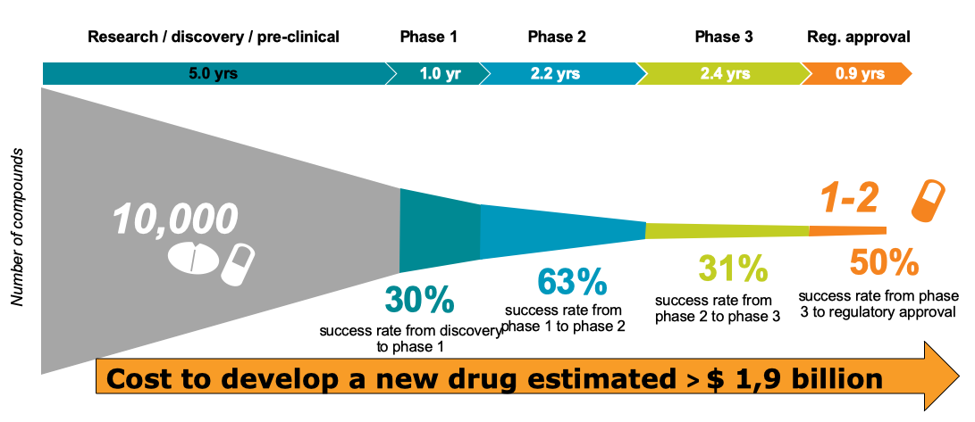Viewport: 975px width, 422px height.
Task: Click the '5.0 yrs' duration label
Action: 213,73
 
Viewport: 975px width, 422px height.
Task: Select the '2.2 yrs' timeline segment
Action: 555,73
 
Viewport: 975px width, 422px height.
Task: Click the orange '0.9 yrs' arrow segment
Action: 859,73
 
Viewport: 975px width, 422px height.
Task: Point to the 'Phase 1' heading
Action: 428,37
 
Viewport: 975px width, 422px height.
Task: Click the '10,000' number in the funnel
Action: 176,219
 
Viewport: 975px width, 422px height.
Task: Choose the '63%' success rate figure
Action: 572,282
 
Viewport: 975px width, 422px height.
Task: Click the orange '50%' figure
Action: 884,263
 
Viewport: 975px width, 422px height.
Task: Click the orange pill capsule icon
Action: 927,201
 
